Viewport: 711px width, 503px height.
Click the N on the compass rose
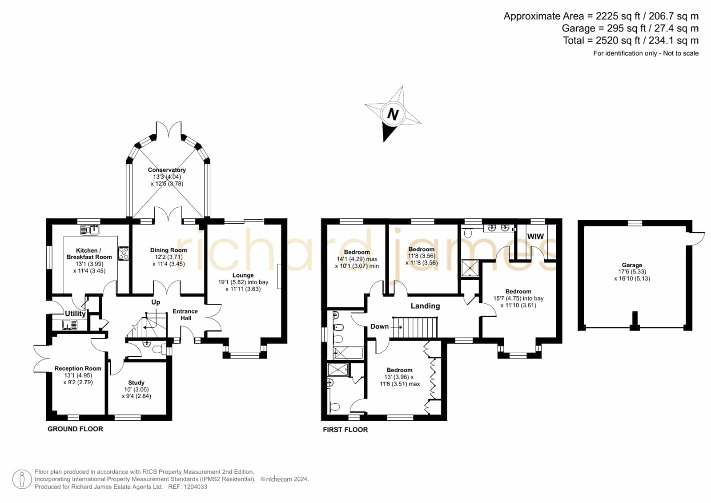tap(393, 114)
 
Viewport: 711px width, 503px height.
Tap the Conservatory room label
tap(167, 170)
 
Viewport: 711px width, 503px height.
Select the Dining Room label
tap(169, 250)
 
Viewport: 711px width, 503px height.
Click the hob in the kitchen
tap(124, 254)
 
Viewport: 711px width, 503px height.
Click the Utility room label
tap(75, 314)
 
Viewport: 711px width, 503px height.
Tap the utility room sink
tap(70, 325)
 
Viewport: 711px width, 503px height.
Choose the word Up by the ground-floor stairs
tap(156, 302)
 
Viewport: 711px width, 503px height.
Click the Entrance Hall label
tap(185, 315)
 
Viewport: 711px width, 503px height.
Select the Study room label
tap(136, 382)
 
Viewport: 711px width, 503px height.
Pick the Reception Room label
tap(78, 368)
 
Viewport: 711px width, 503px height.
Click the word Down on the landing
tap(379, 326)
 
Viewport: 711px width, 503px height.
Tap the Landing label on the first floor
tap(426, 306)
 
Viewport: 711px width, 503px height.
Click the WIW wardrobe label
tap(535, 236)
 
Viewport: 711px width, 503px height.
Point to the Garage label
tap(632, 265)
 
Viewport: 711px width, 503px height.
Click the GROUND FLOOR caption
tap(75, 429)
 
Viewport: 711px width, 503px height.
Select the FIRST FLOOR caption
tap(345, 430)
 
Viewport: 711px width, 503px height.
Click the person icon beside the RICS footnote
tap(22, 479)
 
